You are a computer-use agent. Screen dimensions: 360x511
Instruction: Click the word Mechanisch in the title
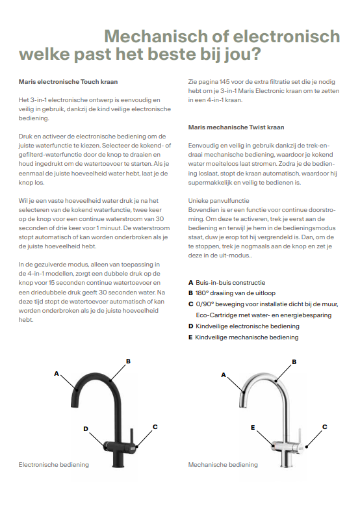[x=156, y=36]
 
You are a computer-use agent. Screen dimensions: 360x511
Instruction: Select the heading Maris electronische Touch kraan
[x=68, y=82]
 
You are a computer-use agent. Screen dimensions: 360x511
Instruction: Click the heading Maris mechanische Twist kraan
[x=236, y=127]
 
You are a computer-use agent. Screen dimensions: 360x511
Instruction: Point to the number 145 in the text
[x=224, y=82]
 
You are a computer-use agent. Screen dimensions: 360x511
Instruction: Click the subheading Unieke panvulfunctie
[x=218, y=201]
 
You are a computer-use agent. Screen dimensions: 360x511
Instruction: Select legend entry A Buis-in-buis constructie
[x=227, y=283]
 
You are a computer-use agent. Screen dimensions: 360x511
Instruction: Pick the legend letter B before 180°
[x=190, y=293]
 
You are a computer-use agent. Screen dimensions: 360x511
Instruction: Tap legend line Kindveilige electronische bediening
[x=248, y=326]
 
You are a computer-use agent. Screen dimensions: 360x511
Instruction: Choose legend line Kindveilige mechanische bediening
[x=247, y=337]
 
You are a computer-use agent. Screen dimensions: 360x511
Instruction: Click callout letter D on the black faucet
[x=86, y=429]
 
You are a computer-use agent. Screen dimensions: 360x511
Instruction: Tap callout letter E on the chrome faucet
[x=253, y=428]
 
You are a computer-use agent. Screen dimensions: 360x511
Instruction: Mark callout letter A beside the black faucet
[x=57, y=373]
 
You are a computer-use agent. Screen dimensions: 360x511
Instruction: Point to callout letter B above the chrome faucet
[x=294, y=361]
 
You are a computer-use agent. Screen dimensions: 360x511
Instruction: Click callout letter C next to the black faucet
[x=155, y=427]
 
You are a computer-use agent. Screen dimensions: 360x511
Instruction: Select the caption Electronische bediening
[x=54, y=465]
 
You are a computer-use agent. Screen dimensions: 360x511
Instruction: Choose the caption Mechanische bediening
[x=223, y=465]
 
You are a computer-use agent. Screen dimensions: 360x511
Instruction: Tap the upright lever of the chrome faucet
[x=299, y=436]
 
